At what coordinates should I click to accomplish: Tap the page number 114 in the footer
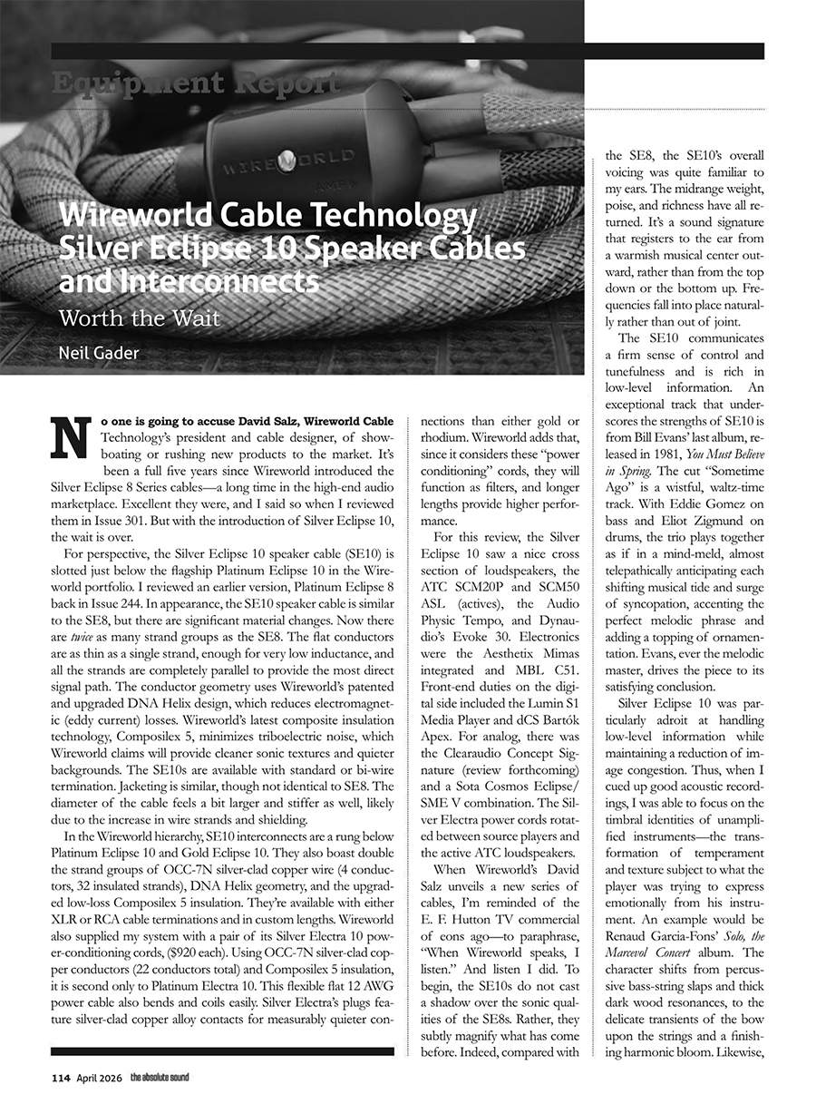tap(62, 1078)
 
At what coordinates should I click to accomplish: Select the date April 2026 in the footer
tap(98, 1078)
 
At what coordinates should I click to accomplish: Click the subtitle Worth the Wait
tap(139, 319)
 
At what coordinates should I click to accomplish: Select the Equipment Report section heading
tap(196, 83)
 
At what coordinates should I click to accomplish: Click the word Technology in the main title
tap(400, 217)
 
